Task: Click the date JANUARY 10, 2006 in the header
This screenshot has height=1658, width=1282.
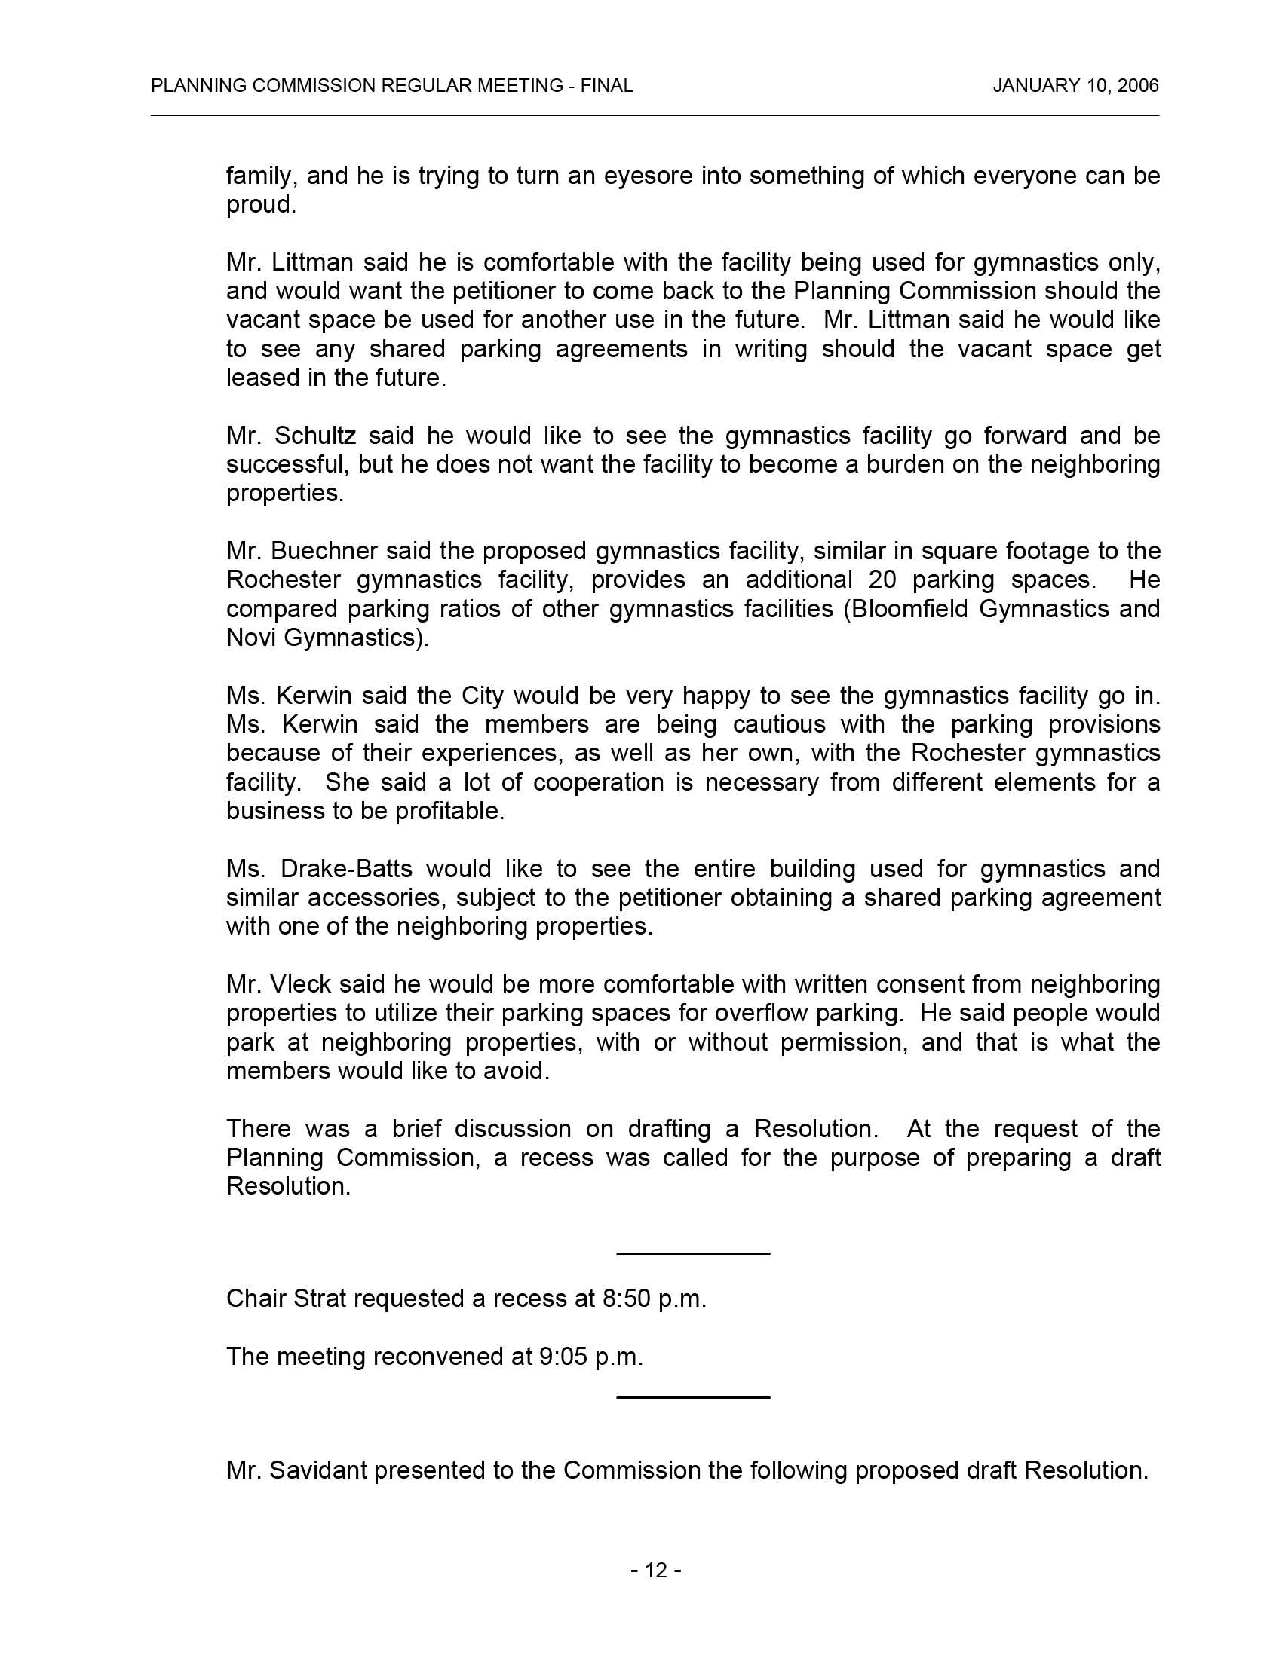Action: pyautogui.click(x=1075, y=86)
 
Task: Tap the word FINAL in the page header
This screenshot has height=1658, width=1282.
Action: pyautogui.click(x=607, y=86)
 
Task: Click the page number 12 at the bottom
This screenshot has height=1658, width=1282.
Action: pyautogui.click(x=655, y=1570)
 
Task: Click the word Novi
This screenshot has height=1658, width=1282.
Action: pyautogui.click(x=251, y=638)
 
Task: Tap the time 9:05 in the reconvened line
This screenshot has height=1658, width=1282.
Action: pyautogui.click(x=563, y=1357)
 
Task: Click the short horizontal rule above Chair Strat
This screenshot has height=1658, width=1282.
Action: pyautogui.click(x=692, y=1253)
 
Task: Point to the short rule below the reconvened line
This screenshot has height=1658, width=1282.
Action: pyautogui.click(x=692, y=1396)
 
